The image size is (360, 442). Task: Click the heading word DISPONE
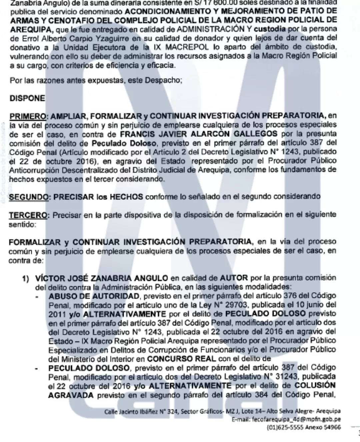27,98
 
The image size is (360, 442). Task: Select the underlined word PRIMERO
27,116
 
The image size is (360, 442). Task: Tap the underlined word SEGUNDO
29,196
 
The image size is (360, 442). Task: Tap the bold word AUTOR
234,278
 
